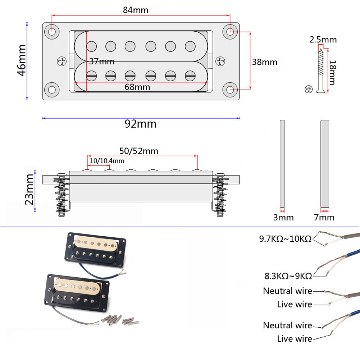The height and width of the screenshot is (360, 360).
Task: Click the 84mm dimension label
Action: pos(136,10)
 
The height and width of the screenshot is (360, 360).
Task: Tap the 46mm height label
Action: pos(22,60)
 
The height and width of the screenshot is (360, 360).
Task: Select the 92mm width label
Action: pos(141,124)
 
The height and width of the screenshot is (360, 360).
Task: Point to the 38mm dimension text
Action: pos(264,62)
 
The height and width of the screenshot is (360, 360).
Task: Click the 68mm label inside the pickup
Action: pos(137,87)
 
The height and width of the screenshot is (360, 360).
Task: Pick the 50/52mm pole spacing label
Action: pos(138,151)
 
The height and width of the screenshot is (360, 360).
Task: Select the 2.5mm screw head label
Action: pos(323,39)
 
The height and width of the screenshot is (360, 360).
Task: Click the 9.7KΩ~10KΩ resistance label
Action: pos(285,238)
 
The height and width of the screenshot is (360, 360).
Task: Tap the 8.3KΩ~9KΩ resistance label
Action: pos(288,276)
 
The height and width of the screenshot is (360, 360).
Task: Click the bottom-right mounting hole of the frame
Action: pos(230,90)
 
